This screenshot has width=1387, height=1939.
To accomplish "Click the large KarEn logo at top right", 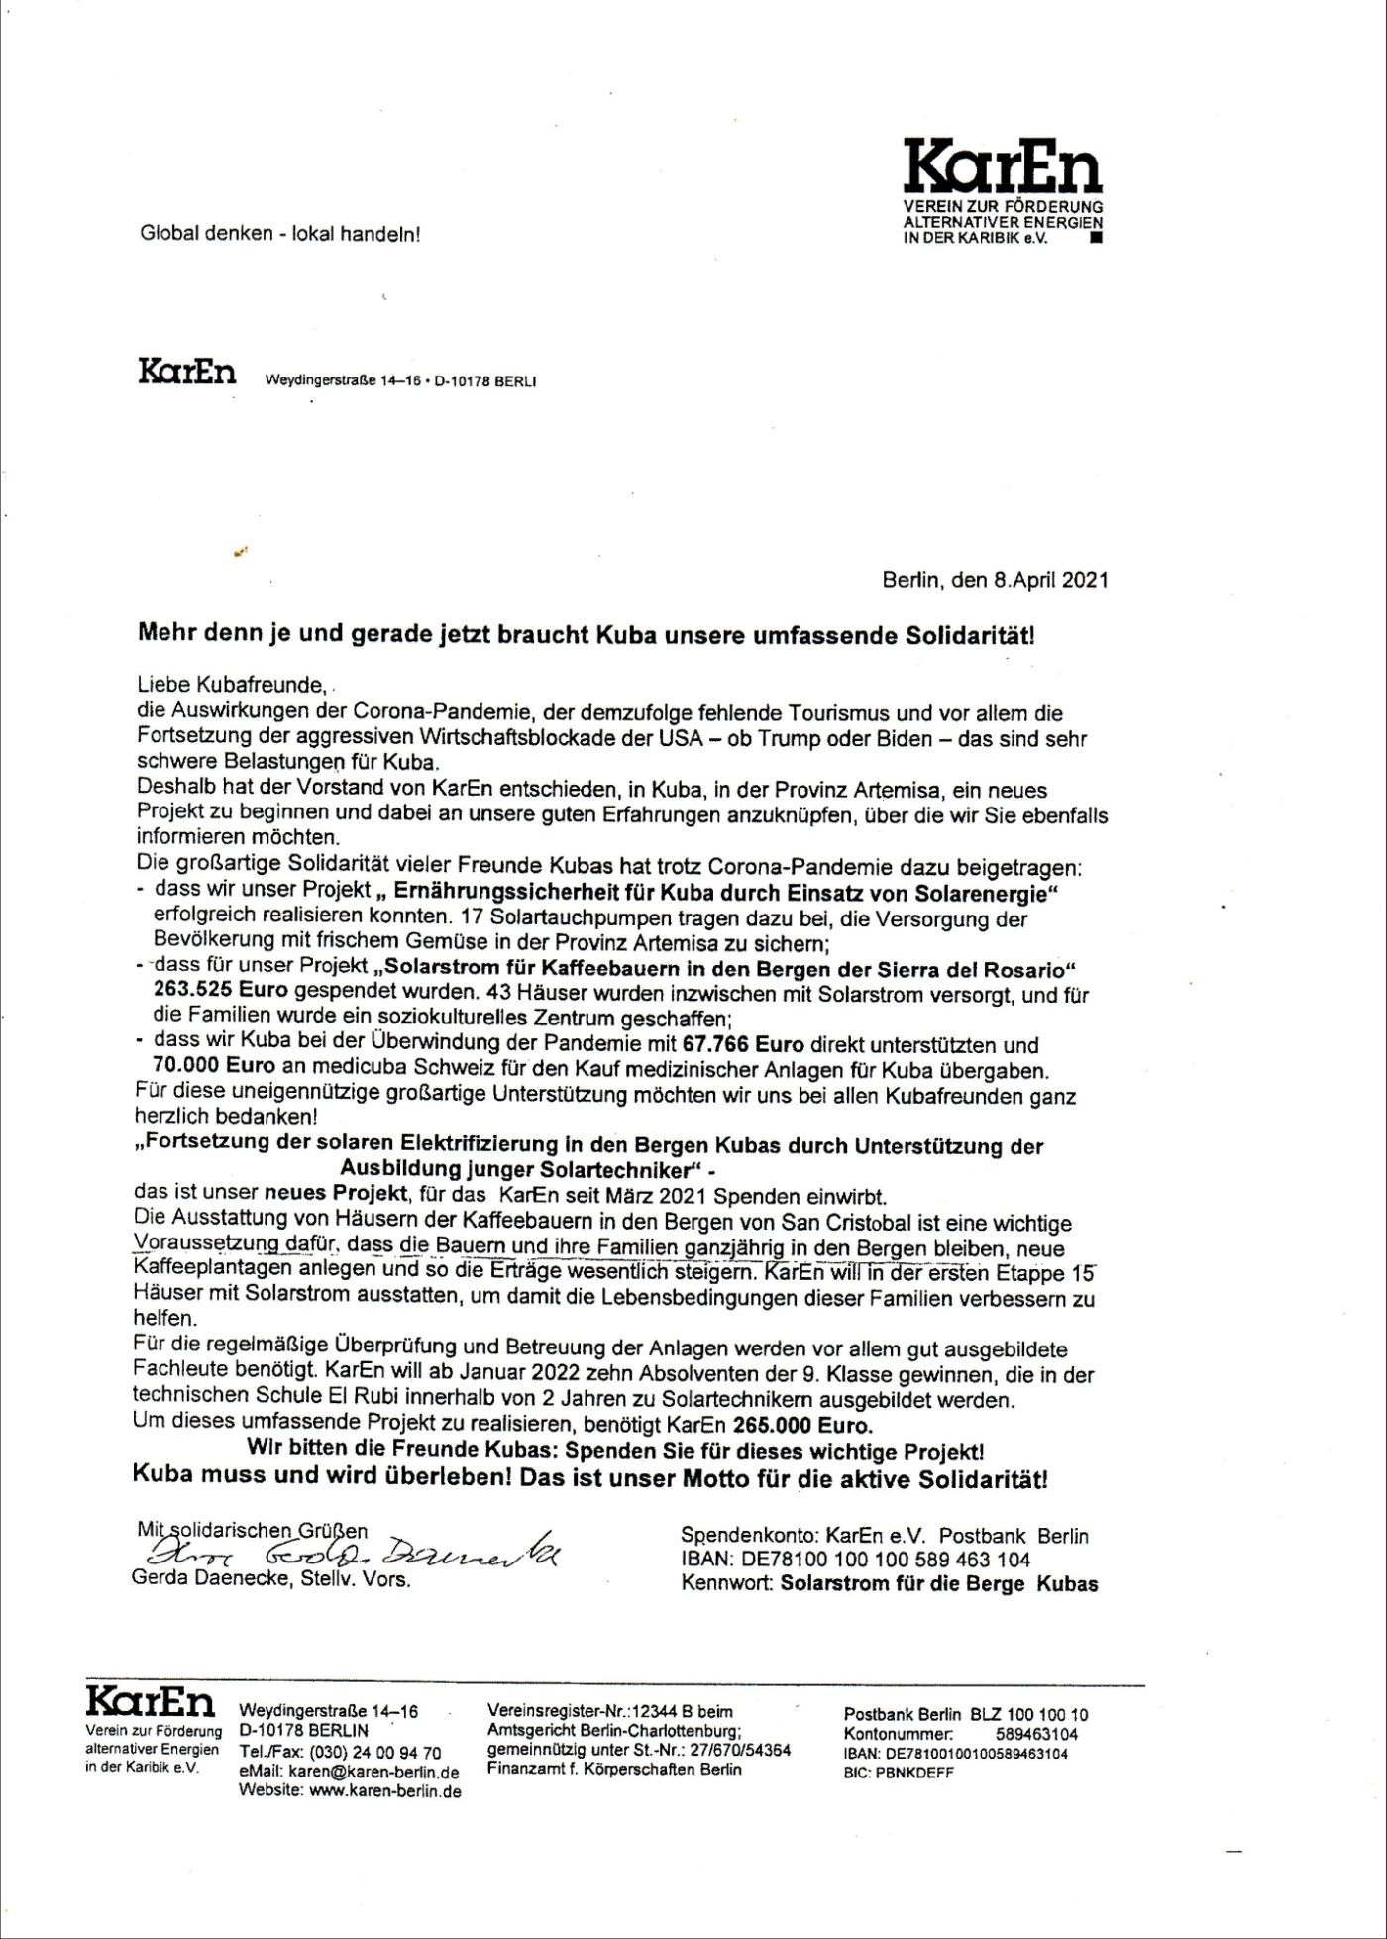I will [1003, 167].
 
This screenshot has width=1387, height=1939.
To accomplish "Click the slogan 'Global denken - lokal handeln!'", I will [280, 235].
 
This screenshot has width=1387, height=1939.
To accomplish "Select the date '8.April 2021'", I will [1051, 580].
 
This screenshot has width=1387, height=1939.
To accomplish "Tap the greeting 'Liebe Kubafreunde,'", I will [232, 684].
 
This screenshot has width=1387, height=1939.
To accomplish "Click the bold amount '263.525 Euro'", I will [220, 991].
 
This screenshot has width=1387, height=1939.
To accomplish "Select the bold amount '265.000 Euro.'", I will [803, 1427].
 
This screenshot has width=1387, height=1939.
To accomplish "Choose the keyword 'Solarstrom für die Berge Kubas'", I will [939, 1583].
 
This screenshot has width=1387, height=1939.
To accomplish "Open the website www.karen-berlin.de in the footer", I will [385, 1791].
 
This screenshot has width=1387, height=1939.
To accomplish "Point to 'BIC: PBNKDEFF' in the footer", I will [899, 1773].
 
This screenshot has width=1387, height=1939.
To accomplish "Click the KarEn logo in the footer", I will [151, 1702].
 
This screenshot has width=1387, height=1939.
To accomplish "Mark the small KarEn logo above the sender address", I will [187, 374].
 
